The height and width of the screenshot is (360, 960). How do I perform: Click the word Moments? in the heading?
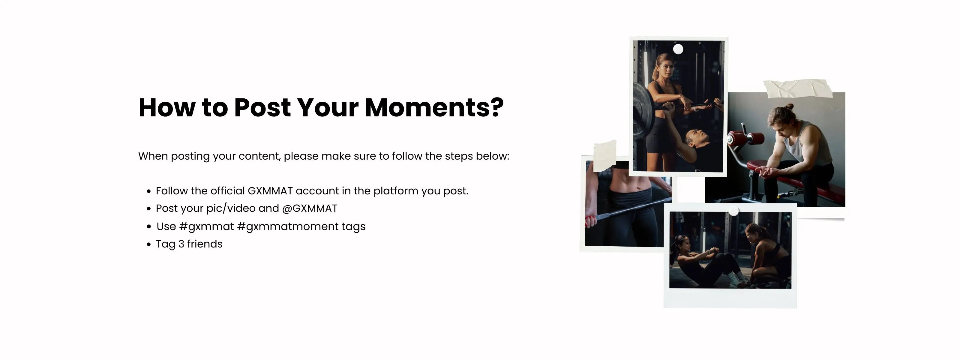[434, 107]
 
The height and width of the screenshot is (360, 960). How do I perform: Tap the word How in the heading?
[167, 107]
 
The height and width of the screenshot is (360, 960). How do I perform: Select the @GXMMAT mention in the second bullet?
[310, 208]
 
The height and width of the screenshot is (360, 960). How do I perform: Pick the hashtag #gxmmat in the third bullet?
[206, 226]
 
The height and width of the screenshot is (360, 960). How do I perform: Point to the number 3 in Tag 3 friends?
[181, 244]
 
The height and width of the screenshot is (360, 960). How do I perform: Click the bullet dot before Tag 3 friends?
[149, 244]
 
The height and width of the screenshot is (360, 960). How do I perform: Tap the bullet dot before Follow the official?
[149, 192]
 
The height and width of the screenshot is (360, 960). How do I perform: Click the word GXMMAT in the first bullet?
[270, 191]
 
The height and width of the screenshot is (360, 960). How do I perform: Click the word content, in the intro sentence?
[259, 156]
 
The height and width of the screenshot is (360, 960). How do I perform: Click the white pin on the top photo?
[678, 49]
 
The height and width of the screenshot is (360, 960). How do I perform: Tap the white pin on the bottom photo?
[734, 211]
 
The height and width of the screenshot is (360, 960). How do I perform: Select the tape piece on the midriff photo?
[604, 155]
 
